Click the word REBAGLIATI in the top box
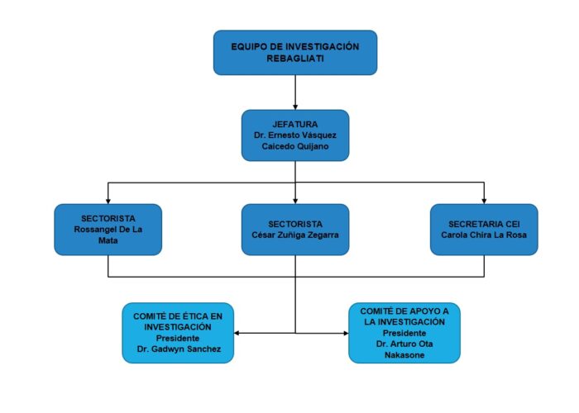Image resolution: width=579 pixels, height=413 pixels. coord(295,59)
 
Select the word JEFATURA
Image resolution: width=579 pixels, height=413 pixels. coord(295,124)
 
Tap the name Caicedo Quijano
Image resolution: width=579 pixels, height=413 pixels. coord(295,146)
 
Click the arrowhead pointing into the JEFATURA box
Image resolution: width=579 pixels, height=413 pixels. coord(295,107)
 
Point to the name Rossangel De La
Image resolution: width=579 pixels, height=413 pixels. coord(108,230)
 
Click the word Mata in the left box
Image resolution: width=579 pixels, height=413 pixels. coord(108,240)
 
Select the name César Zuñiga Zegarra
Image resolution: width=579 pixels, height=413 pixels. coord(295,235)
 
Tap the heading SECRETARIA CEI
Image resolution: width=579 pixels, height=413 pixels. coord(484,224)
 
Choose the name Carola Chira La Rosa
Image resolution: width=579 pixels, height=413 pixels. coord(484,235)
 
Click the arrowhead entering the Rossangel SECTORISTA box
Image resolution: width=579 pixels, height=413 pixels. coord(108,202)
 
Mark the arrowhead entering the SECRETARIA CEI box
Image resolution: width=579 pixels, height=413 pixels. coord(484,202)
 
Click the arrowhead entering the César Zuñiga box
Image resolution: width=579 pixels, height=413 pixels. coord(295,202)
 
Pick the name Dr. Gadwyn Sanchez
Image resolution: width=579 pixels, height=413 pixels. coord(179,349)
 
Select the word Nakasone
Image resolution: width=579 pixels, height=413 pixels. coord(404,355)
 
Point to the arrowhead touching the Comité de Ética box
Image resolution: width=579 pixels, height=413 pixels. coord(237,333)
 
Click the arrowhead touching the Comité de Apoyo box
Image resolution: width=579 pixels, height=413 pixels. coord(346,333)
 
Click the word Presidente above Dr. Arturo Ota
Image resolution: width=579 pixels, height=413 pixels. coord(404,333)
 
